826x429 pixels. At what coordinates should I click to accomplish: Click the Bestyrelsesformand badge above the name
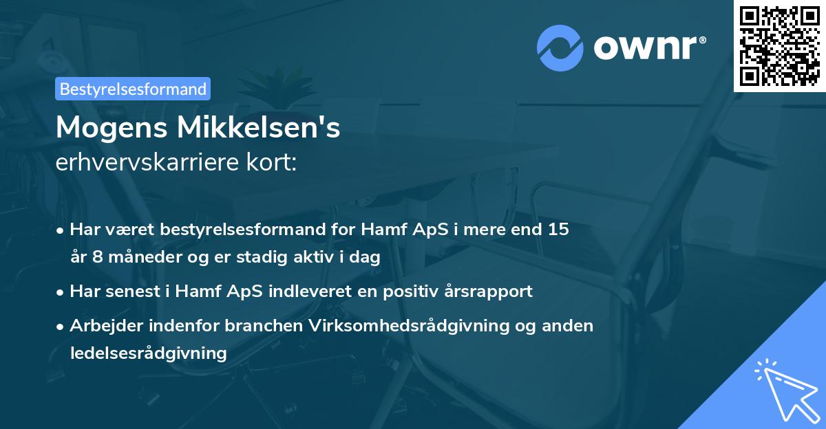click(132, 89)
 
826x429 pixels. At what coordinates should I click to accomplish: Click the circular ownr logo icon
click(560, 47)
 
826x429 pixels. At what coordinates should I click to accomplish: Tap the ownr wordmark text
click(648, 47)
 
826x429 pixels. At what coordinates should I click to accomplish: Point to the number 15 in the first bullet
click(558, 230)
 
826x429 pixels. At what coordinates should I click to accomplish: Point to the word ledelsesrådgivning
click(148, 353)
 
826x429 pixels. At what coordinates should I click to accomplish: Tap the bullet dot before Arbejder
click(61, 326)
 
